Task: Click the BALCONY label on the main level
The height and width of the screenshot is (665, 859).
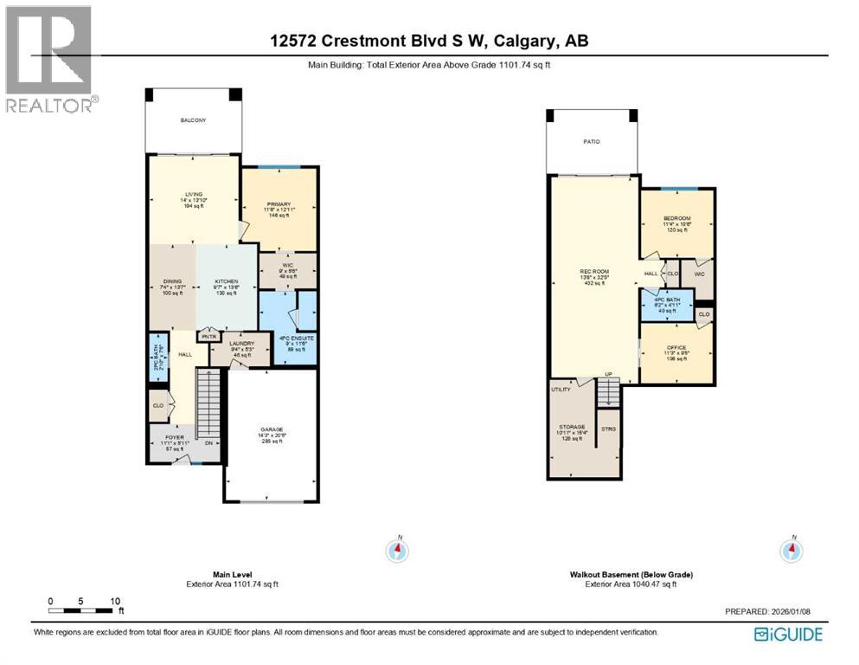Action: (x=193, y=120)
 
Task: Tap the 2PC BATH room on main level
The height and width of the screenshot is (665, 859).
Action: (x=157, y=355)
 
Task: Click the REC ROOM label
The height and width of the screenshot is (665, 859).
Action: (x=594, y=272)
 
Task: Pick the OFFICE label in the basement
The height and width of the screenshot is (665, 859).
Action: (x=676, y=348)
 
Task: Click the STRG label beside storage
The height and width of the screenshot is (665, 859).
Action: (x=608, y=429)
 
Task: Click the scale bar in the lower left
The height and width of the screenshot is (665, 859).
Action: (x=86, y=611)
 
